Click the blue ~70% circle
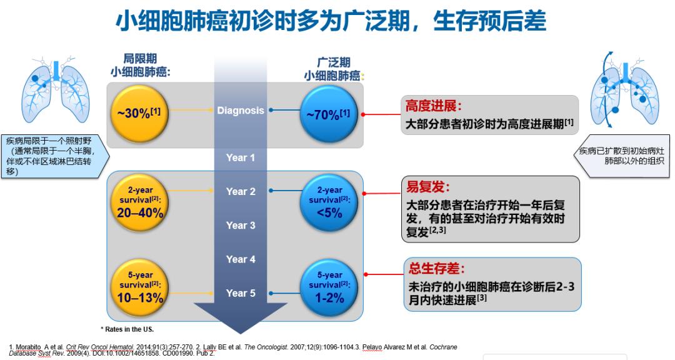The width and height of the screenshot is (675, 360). [328, 113]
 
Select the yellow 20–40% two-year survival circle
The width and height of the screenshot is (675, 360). [140, 202]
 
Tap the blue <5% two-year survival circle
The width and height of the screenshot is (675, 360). [329, 202]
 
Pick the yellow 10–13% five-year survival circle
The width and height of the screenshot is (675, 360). [140, 287]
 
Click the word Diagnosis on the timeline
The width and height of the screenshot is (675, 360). [240, 111]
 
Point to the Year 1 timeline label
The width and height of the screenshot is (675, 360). [240, 157]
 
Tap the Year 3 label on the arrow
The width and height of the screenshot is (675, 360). [240, 226]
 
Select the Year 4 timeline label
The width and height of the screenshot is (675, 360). [240, 259]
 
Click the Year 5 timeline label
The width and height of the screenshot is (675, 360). [240, 293]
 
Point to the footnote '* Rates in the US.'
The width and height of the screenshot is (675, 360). [127, 329]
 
